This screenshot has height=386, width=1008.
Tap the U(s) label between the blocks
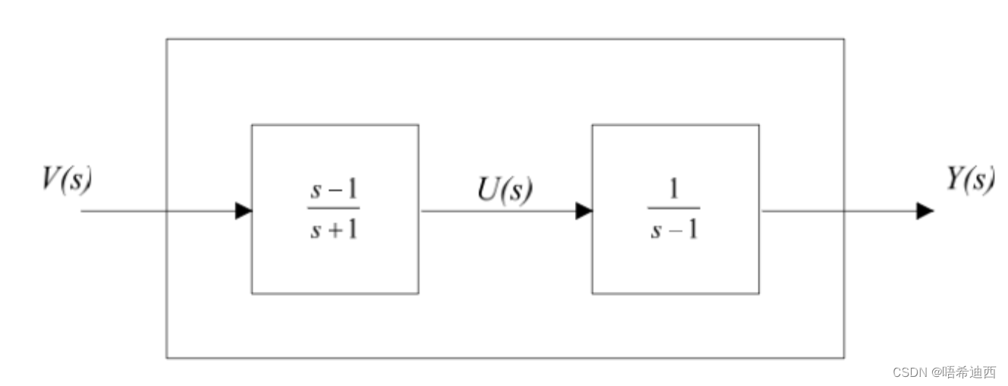click(x=504, y=190)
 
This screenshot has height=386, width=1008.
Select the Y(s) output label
click(x=970, y=179)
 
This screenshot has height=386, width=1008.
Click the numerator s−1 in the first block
click(x=334, y=193)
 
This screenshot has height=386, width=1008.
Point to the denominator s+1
click(x=334, y=228)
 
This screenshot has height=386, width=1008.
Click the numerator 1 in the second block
click(x=674, y=193)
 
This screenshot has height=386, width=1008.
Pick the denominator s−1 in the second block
click(x=674, y=228)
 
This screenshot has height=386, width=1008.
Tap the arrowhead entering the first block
click(x=243, y=211)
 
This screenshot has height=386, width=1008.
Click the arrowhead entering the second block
click(x=583, y=211)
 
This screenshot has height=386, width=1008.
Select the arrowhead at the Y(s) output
click(x=925, y=211)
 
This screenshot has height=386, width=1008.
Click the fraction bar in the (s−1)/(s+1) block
click(x=334, y=209)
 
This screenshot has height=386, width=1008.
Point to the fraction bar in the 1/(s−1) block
click(x=674, y=209)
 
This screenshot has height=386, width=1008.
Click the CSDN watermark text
click(x=944, y=372)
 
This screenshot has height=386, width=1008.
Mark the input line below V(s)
click(x=121, y=211)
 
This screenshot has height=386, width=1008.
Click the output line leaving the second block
click(x=834, y=211)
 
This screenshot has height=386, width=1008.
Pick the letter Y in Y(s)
click(x=956, y=179)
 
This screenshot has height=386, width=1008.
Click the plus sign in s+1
click(x=334, y=229)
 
